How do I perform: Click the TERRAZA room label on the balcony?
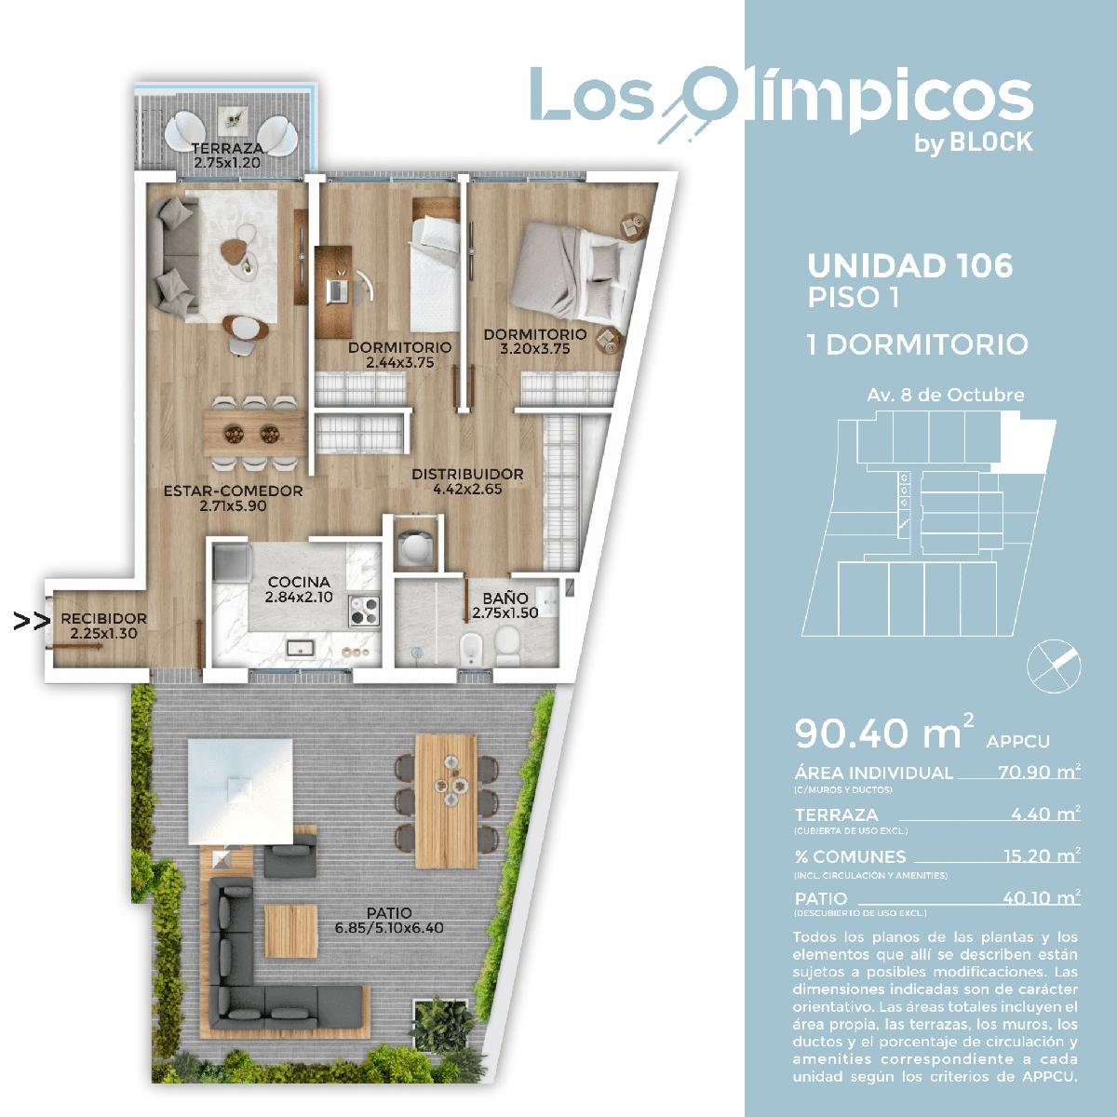click(227, 149)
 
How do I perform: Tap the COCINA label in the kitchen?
click(299, 582)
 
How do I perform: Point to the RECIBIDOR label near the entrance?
click(103, 619)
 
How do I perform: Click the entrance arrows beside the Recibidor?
click(32, 622)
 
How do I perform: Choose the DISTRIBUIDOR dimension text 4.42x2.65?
click(467, 489)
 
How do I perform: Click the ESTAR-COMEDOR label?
click(233, 491)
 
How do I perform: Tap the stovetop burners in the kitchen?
click(364, 611)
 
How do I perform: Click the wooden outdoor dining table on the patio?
click(447, 801)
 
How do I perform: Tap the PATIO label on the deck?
click(389, 913)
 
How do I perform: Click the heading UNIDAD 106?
click(909, 266)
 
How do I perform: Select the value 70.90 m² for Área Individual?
click(1039, 772)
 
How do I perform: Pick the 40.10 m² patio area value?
click(1042, 897)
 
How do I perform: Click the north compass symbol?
click(1053, 666)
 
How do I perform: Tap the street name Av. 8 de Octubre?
click(946, 396)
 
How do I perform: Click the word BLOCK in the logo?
click(990, 142)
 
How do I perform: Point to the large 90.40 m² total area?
click(884, 733)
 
